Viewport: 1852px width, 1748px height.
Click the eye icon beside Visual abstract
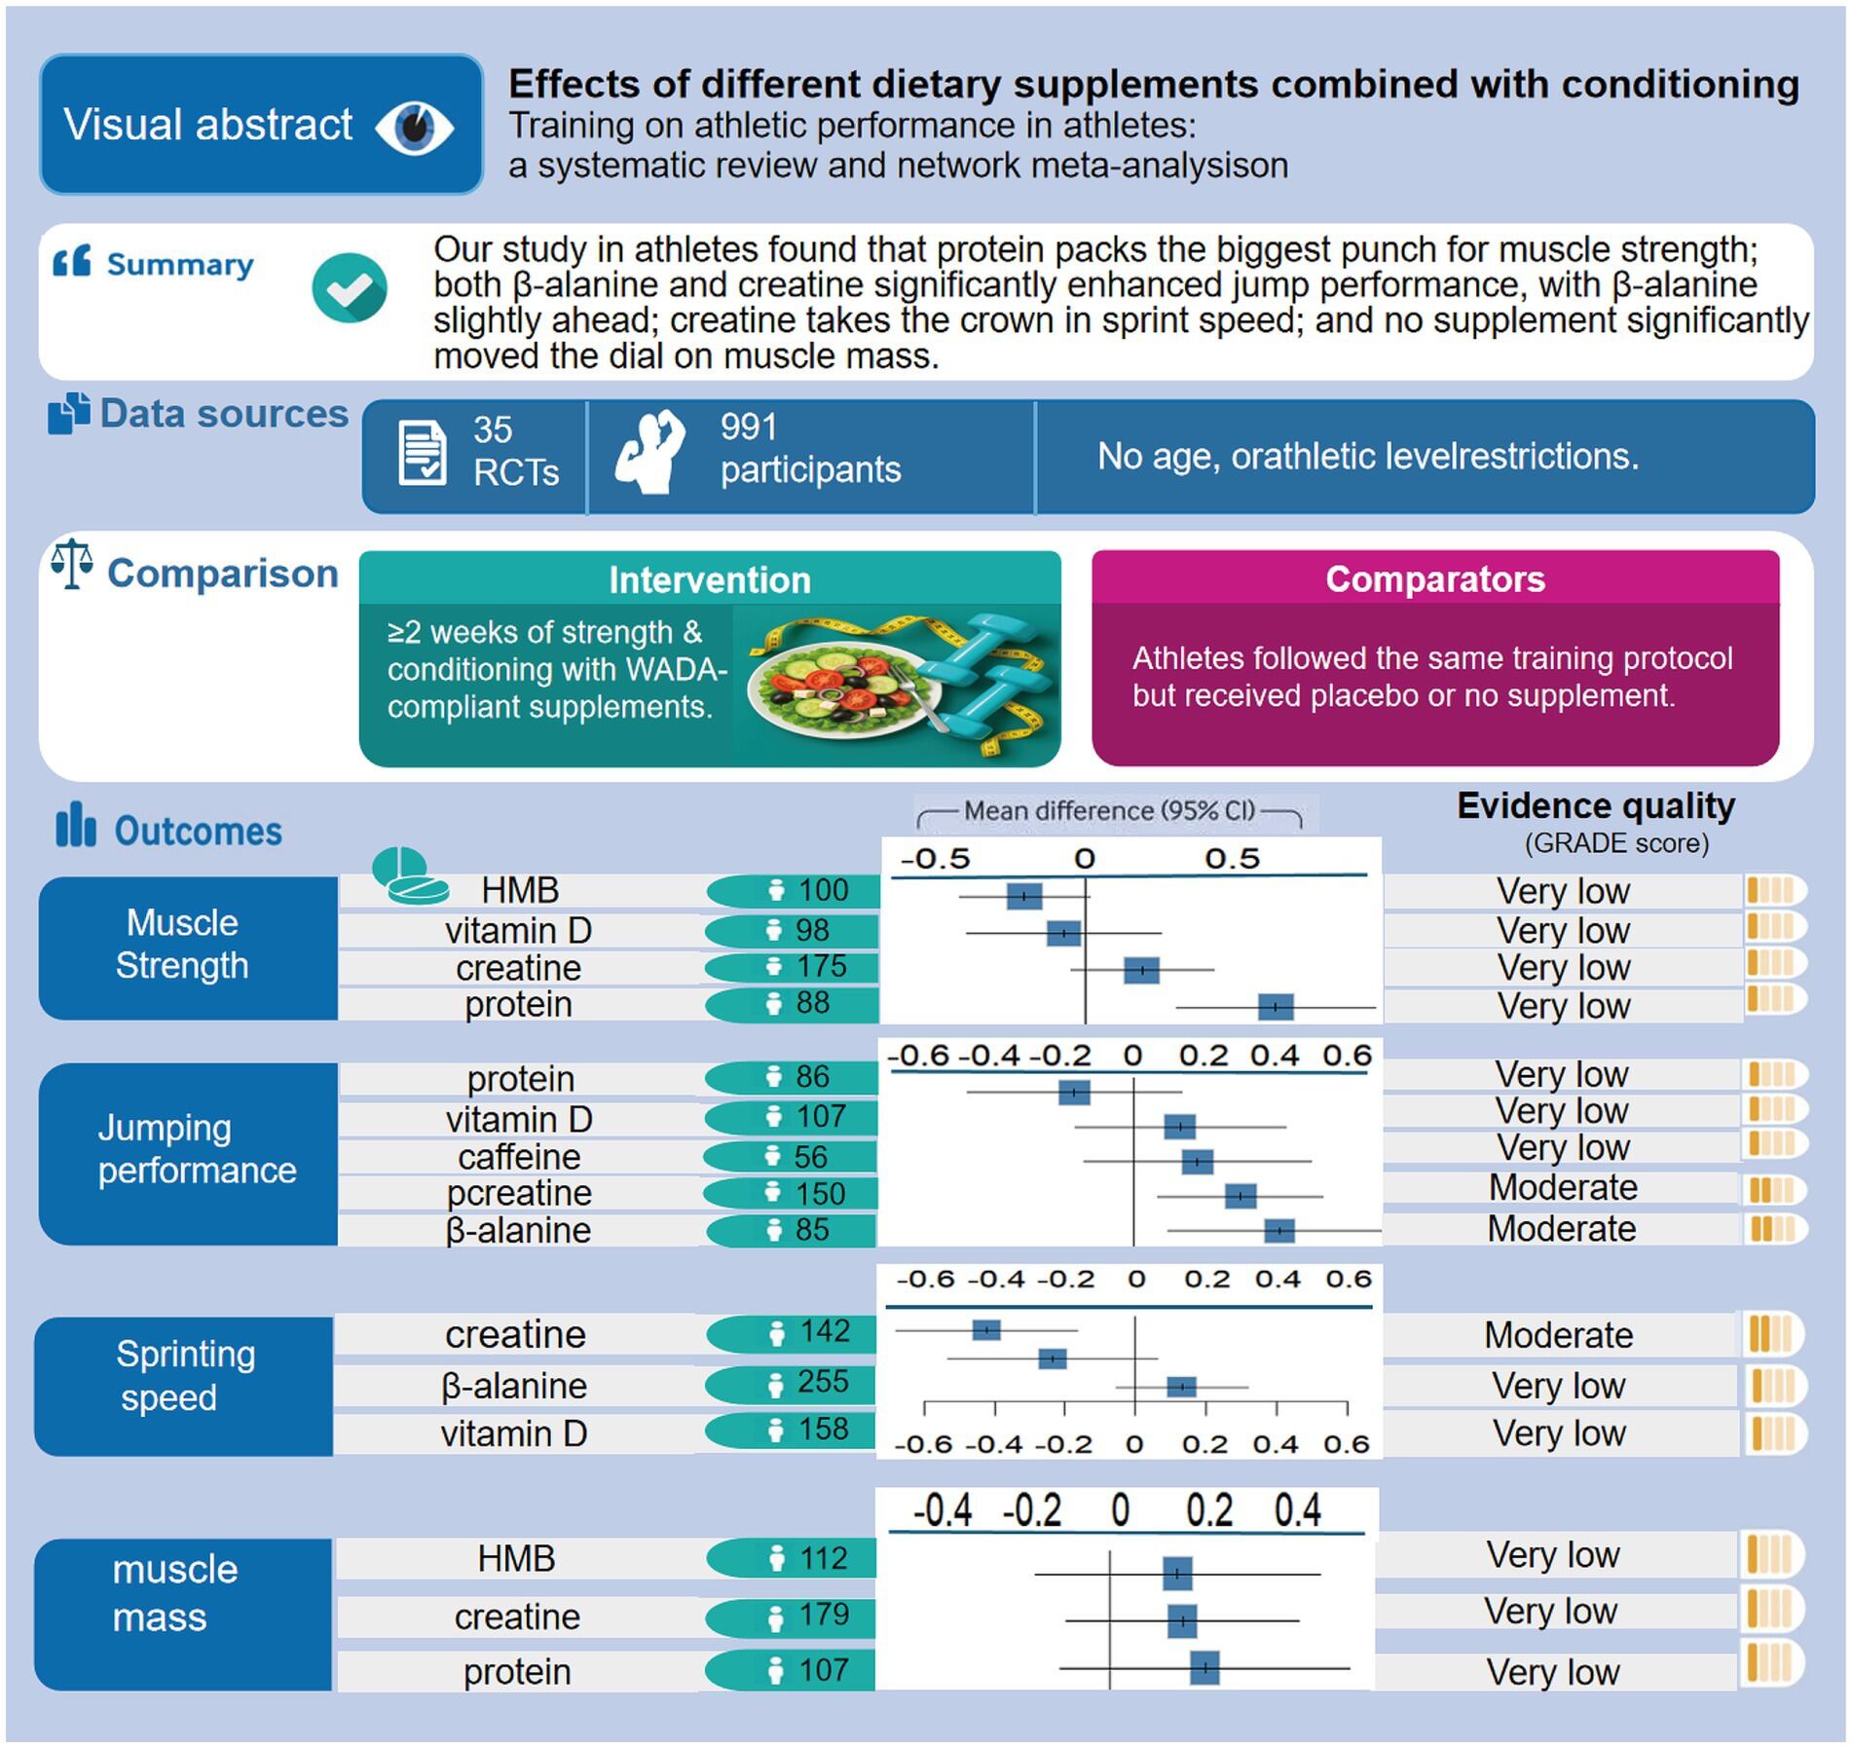(414, 127)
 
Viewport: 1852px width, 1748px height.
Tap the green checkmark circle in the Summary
(350, 288)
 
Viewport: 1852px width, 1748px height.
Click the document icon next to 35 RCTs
(423, 453)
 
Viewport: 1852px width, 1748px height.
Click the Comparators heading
(1434, 579)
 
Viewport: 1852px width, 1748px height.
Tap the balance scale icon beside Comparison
(72, 565)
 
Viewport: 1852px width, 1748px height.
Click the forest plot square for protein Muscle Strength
(1275, 1007)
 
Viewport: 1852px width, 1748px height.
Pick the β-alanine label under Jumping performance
(518, 1230)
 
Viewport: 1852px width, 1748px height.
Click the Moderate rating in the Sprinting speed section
(1558, 1335)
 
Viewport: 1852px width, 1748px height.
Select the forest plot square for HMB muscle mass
(1176, 1573)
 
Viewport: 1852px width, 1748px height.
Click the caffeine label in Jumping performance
(519, 1157)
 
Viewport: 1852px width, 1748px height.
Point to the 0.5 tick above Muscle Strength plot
(1232, 859)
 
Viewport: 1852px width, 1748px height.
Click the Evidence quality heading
(1595, 806)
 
